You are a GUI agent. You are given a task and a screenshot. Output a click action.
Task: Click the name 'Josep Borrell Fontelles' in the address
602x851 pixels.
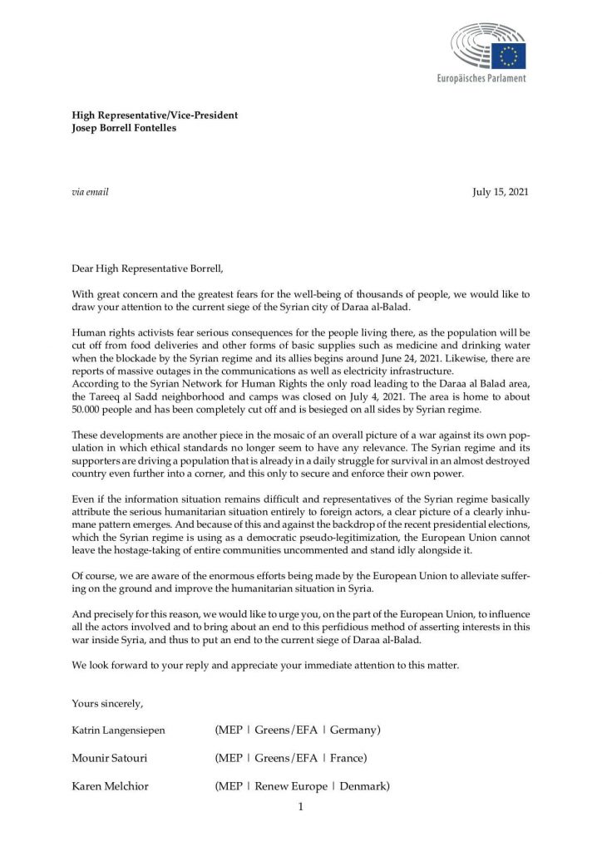click(x=124, y=129)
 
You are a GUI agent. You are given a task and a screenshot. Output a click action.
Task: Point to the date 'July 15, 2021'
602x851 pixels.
click(x=501, y=192)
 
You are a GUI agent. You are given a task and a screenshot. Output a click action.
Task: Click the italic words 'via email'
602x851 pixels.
click(x=91, y=192)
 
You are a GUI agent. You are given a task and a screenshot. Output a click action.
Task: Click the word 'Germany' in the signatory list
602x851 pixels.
click(x=355, y=730)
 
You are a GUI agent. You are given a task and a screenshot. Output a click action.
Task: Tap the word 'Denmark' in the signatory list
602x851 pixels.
click(x=361, y=786)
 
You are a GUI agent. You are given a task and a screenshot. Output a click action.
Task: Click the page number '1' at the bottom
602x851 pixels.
click(x=300, y=806)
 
